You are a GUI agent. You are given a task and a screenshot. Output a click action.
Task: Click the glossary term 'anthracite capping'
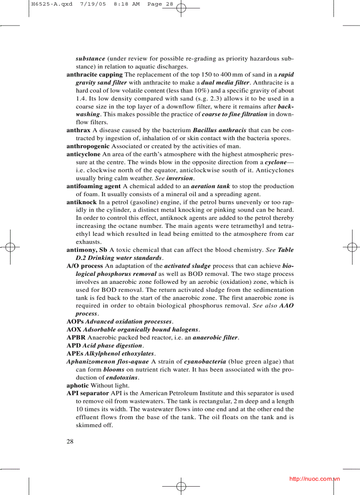94,74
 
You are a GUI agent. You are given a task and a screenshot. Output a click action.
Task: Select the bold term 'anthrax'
79,130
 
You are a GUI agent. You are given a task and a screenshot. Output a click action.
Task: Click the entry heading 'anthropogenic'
88,146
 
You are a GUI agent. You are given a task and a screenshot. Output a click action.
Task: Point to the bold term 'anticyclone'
83,154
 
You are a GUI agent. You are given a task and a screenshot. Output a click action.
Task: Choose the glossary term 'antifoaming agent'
94,186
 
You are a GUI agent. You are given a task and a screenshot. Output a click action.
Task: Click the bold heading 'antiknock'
82,202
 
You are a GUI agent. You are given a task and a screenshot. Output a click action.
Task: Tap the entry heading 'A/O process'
85,266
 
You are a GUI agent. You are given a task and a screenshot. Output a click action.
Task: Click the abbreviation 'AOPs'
75,322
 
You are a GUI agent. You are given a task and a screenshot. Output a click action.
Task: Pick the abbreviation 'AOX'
74,330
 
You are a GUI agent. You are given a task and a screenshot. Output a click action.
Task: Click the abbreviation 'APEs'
75,354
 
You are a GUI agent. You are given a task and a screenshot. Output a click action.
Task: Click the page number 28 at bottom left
70,442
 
